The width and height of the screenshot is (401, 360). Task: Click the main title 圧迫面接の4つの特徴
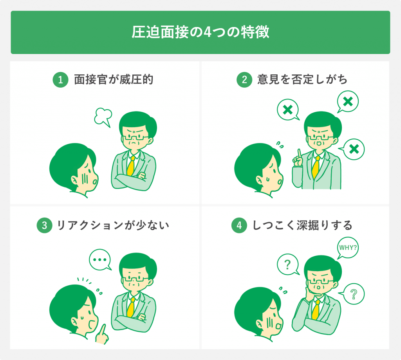[200, 32]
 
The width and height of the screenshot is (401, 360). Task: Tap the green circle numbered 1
[60, 80]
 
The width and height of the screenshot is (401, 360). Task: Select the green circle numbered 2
[244, 80]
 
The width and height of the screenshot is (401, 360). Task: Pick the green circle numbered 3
[45, 225]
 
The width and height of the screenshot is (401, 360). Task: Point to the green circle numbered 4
[239, 225]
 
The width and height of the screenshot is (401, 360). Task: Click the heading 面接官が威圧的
[114, 80]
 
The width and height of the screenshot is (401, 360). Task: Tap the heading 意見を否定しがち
[302, 80]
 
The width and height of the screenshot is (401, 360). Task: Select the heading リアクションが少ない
[113, 225]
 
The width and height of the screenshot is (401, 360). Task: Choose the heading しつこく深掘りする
[302, 225]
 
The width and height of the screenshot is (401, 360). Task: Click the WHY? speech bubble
[348, 248]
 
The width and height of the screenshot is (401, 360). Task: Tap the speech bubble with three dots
[100, 259]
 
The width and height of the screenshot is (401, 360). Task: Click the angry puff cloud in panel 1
[103, 117]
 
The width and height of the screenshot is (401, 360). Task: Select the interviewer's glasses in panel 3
[135, 278]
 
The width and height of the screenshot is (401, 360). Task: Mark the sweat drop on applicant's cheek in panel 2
[267, 179]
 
